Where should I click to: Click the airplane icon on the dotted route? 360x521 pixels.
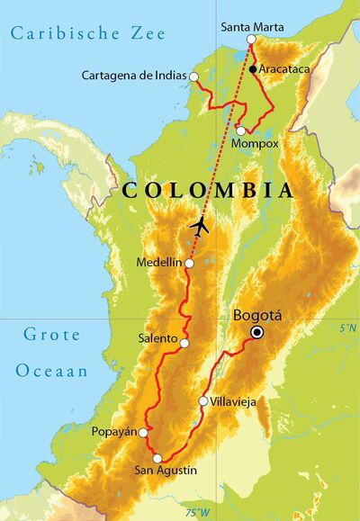click(200, 226)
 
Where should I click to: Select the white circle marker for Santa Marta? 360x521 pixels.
click(251, 40)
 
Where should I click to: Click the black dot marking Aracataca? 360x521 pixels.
click(255, 68)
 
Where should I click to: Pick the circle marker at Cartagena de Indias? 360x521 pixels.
click(193, 77)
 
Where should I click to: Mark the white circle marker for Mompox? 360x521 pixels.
click(240, 131)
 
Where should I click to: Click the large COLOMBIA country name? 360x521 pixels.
click(207, 191)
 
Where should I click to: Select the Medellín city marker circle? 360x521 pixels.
click(189, 264)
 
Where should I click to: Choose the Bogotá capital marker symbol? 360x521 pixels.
click(257, 332)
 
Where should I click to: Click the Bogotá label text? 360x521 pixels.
click(257, 316)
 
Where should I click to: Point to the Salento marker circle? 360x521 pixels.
click(184, 343)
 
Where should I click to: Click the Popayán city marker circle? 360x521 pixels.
click(143, 432)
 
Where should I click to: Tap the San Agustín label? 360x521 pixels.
click(165, 471)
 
